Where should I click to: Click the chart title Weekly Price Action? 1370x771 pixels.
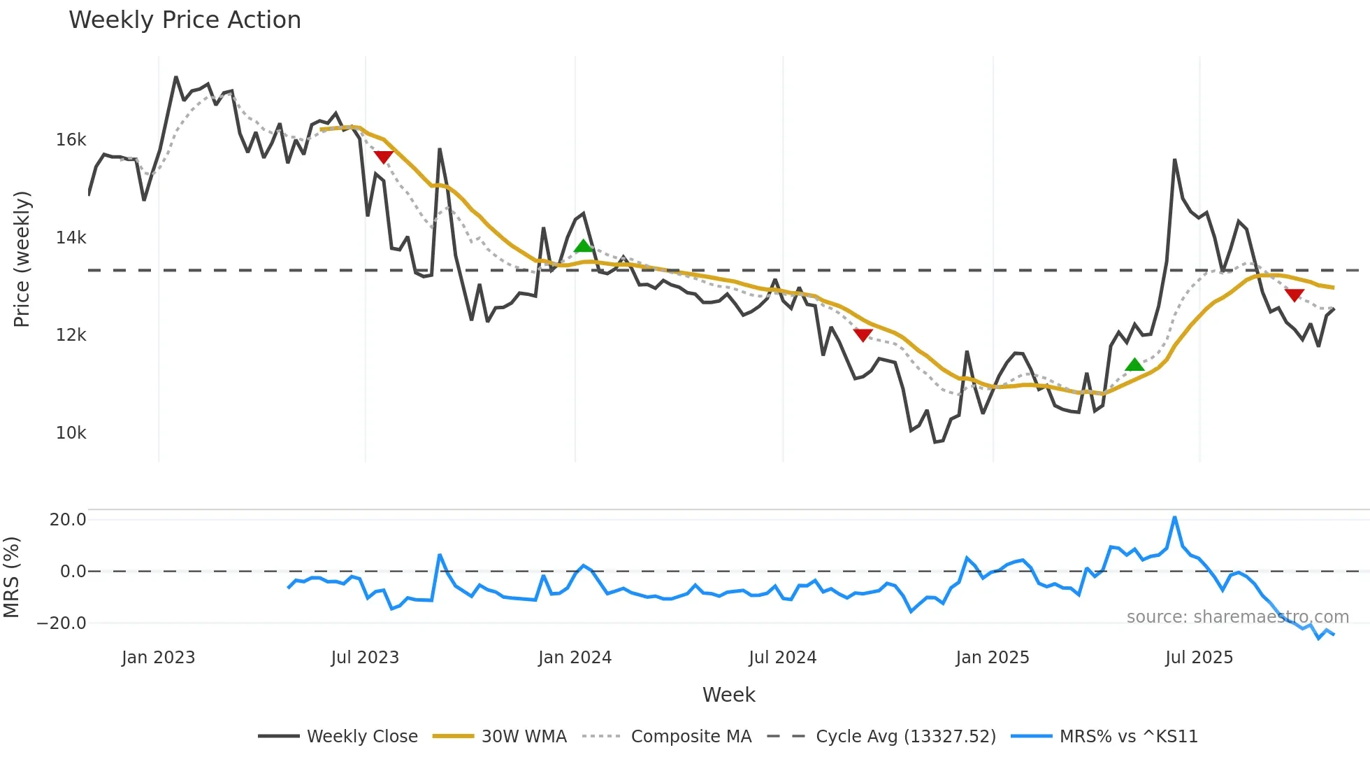[185, 20]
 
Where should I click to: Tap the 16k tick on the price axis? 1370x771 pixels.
[71, 140]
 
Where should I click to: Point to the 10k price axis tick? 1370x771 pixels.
[71, 433]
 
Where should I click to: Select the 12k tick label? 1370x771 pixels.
[71, 335]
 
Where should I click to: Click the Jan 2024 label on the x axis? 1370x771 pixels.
[575, 658]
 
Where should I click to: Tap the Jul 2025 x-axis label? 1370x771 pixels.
[1199, 658]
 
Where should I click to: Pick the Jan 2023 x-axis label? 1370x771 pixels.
[158, 658]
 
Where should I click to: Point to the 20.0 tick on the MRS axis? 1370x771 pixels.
[68, 520]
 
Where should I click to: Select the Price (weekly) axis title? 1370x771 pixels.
[22, 259]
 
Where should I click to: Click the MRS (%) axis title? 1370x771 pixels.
[11, 577]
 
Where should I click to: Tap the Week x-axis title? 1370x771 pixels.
[728, 695]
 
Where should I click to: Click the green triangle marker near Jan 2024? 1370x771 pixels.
[583, 246]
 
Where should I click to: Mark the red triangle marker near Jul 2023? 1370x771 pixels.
[383, 157]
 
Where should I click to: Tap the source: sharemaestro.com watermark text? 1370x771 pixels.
[1237, 617]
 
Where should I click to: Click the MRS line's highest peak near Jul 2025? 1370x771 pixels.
[1174, 518]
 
